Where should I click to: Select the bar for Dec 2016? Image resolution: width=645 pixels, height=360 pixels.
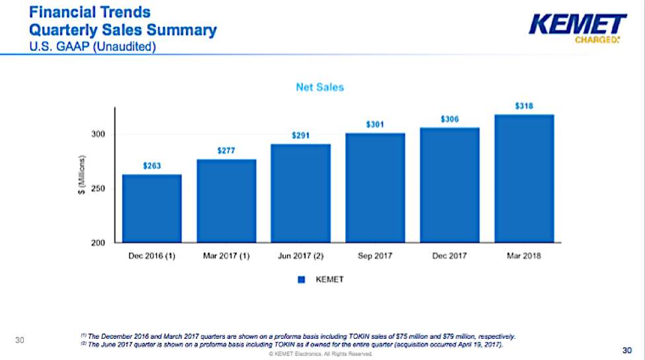(151, 208)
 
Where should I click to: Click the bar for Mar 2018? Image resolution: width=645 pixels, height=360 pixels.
(524, 179)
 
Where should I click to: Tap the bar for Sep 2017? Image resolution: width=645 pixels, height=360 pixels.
(375, 188)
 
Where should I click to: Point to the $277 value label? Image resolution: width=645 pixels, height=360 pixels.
(226, 151)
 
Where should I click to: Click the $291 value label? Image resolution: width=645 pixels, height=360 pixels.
(301, 136)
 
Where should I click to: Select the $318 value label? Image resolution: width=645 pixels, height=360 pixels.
(524, 106)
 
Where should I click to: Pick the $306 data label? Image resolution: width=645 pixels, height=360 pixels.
(450, 119)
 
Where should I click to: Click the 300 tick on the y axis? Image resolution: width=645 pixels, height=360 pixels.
(99, 134)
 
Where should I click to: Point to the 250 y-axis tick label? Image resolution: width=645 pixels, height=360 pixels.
(99, 189)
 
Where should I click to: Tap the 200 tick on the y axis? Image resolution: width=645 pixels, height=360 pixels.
(99, 243)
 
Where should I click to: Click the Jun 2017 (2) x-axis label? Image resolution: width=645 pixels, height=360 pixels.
(301, 256)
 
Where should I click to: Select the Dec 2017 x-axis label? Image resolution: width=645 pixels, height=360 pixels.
(450, 256)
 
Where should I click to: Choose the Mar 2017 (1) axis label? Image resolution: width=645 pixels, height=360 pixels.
(226, 256)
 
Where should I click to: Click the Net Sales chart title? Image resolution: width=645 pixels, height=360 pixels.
(320, 87)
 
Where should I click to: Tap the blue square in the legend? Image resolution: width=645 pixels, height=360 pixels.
(302, 280)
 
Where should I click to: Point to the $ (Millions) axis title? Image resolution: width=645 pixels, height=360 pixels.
(82, 175)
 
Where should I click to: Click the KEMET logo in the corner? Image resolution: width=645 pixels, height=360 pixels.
(578, 28)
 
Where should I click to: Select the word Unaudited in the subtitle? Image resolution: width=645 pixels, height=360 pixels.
(124, 46)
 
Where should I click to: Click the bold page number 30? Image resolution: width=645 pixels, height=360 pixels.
(627, 350)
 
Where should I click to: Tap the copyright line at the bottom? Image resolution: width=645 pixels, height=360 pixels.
(321, 354)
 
